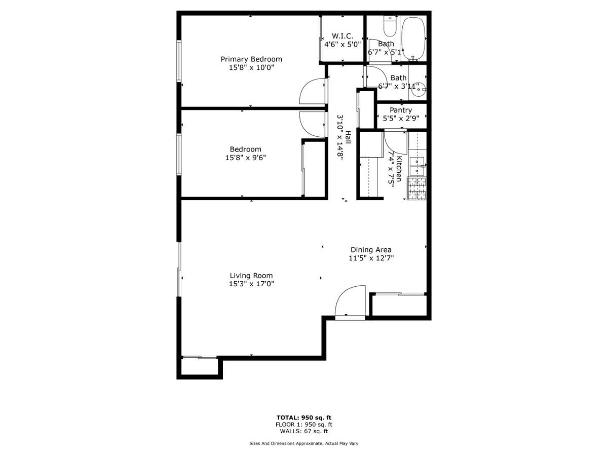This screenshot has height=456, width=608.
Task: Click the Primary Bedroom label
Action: tap(251, 59)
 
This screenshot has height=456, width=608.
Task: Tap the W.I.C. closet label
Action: tap(343, 36)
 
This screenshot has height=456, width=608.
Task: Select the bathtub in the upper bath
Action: tap(413, 39)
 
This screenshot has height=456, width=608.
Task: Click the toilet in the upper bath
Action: tap(390, 26)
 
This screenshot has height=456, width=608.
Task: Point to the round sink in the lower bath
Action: tap(419, 89)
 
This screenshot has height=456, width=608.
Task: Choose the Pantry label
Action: tap(401, 110)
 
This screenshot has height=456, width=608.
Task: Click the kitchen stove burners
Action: tap(417, 188)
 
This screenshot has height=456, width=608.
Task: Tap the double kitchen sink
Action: tap(417, 166)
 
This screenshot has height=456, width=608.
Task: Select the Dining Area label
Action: tap(371, 250)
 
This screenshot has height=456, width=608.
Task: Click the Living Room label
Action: tap(251, 276)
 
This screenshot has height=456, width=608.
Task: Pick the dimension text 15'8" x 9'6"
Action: tap(245, 158)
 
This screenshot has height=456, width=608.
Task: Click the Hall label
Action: tap(348, 137)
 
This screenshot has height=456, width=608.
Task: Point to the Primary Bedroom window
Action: tap(179, 61)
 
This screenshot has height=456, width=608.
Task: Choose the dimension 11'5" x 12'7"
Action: tap(371, 258)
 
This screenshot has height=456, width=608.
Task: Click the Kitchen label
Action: tap(399, 168)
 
